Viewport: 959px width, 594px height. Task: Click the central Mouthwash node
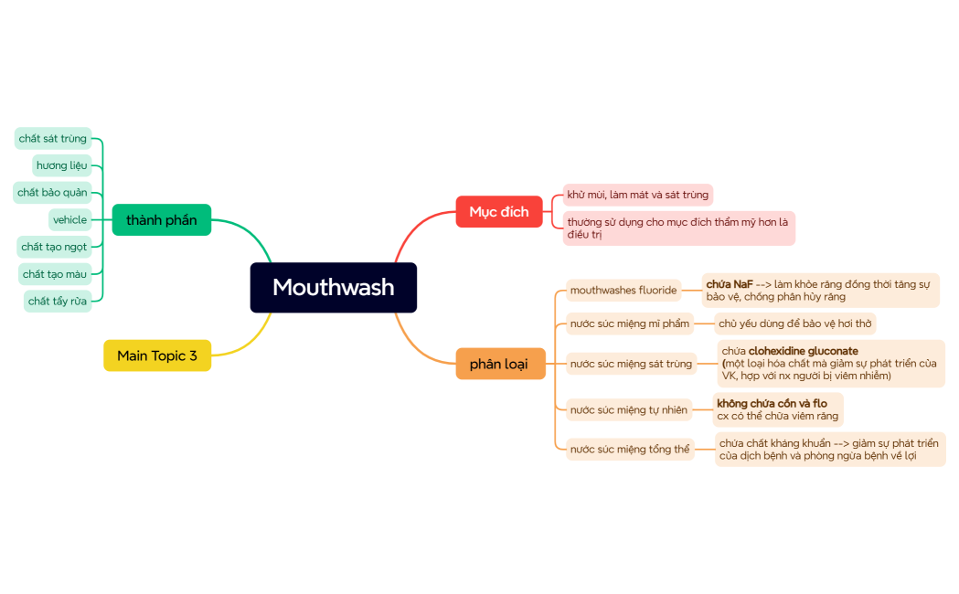tap(334, 288)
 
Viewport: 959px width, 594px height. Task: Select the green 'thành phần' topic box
tap(162, 220)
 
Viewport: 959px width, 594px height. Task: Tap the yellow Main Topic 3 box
tap(157, 355)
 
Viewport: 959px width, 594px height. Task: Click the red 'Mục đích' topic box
tap(499, 212)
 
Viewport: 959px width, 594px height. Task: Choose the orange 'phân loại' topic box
tap(499, 364)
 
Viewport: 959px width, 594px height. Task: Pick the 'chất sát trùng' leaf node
tap(53, 139)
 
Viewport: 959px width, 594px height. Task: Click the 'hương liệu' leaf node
tap(62, 165)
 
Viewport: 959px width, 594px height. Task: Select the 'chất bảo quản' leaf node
tap(52, 193)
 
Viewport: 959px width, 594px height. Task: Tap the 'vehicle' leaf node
tap(70, 220)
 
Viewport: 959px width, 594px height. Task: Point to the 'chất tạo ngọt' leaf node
tap(54, 247)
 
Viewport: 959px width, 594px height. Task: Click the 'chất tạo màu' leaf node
tap(55, 274)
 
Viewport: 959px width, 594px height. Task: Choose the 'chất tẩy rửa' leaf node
tap(58, 302)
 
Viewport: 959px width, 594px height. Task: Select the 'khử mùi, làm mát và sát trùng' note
tap(637, 195)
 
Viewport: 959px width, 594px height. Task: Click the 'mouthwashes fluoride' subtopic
tap(623, 291)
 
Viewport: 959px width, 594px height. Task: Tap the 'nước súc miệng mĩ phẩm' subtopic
tap(629, 324)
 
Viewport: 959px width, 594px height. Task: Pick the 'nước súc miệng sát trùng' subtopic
tap(631, 364)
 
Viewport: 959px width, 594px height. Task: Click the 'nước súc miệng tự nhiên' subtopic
tap(628, 410)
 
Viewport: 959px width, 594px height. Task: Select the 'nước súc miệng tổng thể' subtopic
tap(630, 450)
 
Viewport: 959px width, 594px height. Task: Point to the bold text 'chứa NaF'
tap(730, 284)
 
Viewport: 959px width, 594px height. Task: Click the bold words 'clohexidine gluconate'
tap(803, 351)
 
